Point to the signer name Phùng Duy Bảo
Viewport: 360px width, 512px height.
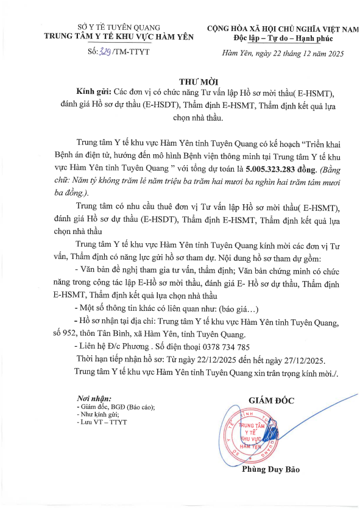click(x=271, y=469)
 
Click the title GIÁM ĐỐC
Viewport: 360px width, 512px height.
click(x=271, y=400)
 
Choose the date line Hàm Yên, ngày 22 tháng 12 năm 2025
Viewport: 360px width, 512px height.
click(x=283, y=54)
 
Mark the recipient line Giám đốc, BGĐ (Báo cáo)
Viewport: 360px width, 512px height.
click(x=116, y=406)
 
